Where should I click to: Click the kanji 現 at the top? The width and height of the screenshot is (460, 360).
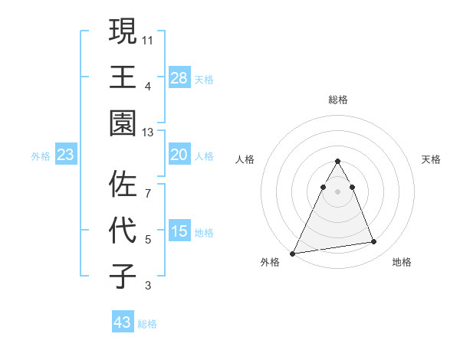[x=123, y=31]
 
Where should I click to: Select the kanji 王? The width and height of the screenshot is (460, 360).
[x=123, y=77]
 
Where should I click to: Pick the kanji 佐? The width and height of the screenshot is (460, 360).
[x=123, y=184]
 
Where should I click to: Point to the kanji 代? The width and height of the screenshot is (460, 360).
[x=123, y=231]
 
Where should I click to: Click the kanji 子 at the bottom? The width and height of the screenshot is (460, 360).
[x=123, y=277]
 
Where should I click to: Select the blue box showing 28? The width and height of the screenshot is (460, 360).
[x=179, y=78]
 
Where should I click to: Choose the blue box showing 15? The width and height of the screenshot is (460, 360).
[x=179, y=232]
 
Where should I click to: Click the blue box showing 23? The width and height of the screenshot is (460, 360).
[x=66, y=155]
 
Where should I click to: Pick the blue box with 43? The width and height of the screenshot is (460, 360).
[x=123, y=322]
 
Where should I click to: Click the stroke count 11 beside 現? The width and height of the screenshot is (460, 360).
[x=148, y=38]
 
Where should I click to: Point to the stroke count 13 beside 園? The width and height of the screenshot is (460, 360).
[x=148, y=132]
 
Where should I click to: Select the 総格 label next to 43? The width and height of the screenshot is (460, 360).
[x=147, y=324]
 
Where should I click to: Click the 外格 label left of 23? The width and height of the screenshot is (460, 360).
[x=41, y=156]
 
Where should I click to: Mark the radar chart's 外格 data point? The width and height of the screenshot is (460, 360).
[x=293, y=253]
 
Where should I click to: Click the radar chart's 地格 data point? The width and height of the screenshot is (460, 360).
[x=373, y=242]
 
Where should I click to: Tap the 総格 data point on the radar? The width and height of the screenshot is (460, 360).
[x=337, y=162]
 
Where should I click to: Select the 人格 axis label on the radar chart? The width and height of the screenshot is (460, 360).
[x=245, y=159]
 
